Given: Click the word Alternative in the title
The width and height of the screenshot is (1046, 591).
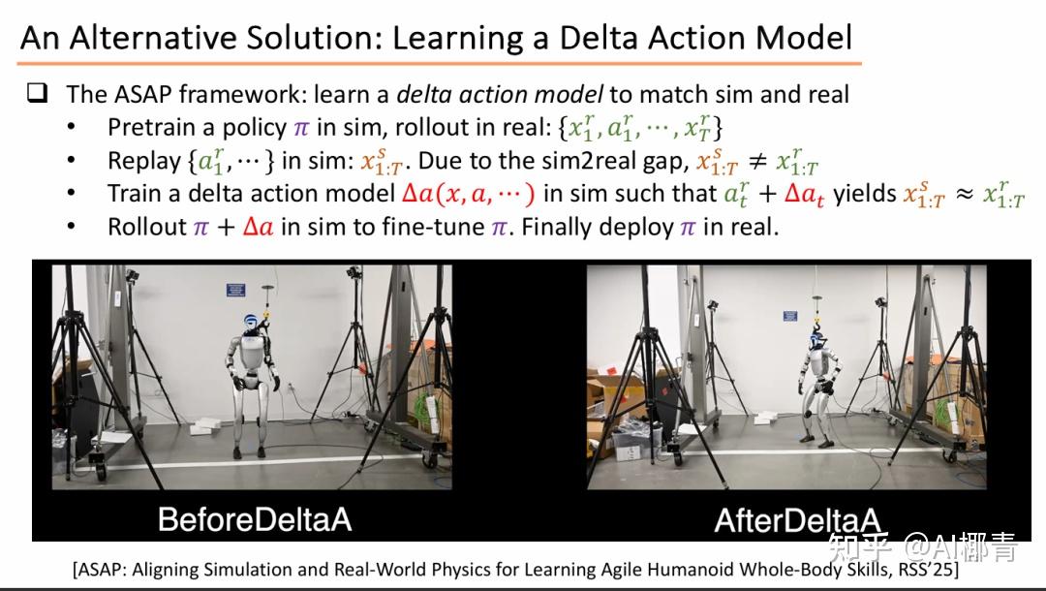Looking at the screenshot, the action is click(151, 38).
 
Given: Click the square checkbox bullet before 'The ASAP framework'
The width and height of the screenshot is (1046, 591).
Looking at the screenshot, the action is click(38, 92).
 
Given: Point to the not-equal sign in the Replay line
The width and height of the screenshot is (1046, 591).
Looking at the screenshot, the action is click(756, 161).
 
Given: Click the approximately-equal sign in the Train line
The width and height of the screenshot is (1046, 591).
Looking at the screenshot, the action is click(964, 194).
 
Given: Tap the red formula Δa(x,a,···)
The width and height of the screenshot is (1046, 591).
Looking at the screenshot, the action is click(469, 194).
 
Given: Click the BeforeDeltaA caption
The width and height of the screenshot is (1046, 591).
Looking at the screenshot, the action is click(254, 519).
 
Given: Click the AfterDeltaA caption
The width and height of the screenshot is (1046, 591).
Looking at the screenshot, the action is click(797, 520).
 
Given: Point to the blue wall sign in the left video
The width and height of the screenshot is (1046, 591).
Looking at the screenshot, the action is click(236, 290).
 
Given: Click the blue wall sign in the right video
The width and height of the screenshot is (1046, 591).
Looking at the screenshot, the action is click(790, 316).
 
